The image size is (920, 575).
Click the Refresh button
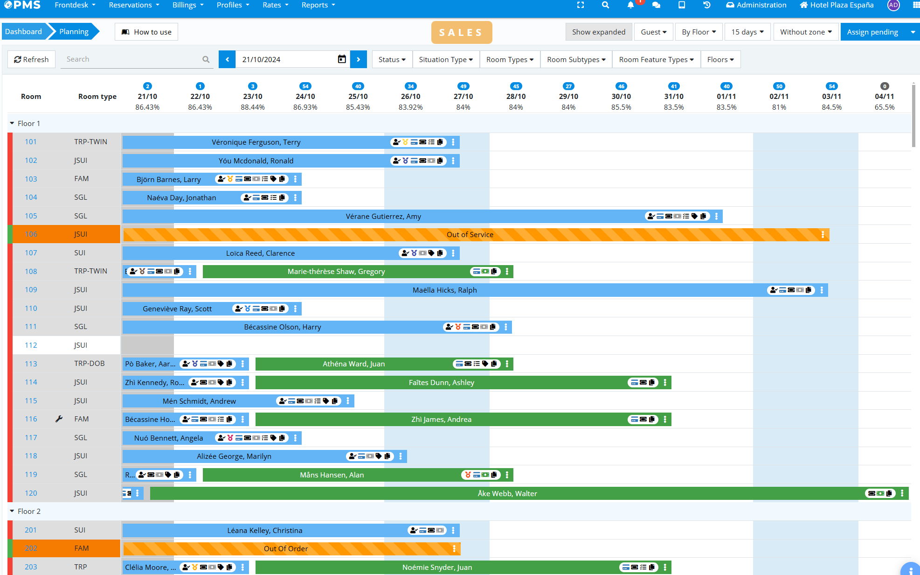(32, 59)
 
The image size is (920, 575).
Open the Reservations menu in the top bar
(134, 5)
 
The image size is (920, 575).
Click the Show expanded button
(599, 32)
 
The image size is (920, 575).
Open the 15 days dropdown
(747, 32)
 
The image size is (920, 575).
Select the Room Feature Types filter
(656, 59)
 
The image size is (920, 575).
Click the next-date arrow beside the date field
(359, 59)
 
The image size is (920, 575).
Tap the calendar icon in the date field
(342, 59)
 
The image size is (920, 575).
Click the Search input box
(133, 59)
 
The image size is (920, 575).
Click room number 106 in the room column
(31, 234)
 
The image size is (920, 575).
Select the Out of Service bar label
(470, 234)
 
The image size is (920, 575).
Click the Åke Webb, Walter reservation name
(507, 493)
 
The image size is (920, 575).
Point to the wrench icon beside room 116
(59, 419)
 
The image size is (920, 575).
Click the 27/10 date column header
(463, 97)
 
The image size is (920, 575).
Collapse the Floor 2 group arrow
(12, 511)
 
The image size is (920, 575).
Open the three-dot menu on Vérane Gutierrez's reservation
(716, 216)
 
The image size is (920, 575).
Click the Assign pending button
(872, 32)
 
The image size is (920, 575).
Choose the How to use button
(146, 32)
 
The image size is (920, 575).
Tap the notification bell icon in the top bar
(630, 5)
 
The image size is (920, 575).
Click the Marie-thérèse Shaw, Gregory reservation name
(336, 271)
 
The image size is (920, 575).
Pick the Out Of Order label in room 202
(286, 548)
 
